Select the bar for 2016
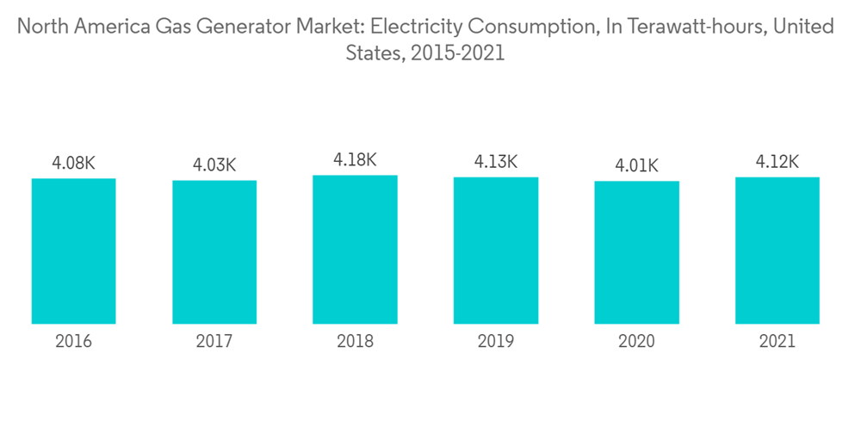tap(73, 251)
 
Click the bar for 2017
tap(214, 252)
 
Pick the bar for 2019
tap(496, 251)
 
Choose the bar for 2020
tap(636, 252)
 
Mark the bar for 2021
tap(777, 251)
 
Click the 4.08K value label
tap(73, 162)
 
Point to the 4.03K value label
tap(214, 164)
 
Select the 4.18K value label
tap(355, 159)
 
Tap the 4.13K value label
tap(496, 162)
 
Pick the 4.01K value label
tap(636, 165)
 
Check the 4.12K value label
tap(777, 162)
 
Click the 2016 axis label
tap(73, 342)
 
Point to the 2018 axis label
tap(355, 342)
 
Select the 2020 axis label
tap(636, 342)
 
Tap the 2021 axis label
tap(777, 342)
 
